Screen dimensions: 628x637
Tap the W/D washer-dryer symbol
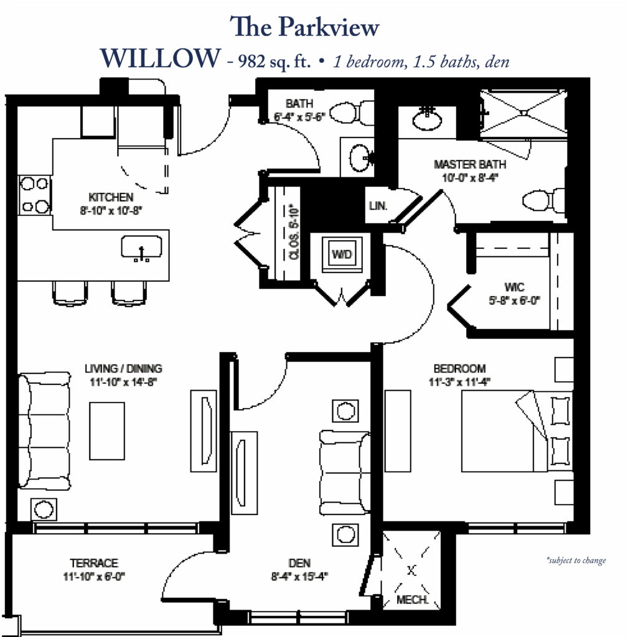342,254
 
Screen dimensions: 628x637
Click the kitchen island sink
141,248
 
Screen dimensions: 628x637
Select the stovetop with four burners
35,195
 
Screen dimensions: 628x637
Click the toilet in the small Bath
351,112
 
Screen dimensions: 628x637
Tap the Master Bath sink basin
427,118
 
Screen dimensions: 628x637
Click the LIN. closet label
378,206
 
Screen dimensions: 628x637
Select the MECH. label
412,600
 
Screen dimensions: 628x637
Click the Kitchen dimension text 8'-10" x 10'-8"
111,211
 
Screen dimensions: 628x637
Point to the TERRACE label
94,563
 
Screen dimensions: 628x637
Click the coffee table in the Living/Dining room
107,431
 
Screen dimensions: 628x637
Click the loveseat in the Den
345,473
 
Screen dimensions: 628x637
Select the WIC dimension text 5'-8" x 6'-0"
514,300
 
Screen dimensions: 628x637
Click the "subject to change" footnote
576,560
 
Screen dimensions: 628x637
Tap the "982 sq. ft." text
274,62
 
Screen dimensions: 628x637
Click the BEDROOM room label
459,368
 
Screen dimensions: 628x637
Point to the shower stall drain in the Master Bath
523,113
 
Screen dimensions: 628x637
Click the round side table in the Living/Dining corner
44,509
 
